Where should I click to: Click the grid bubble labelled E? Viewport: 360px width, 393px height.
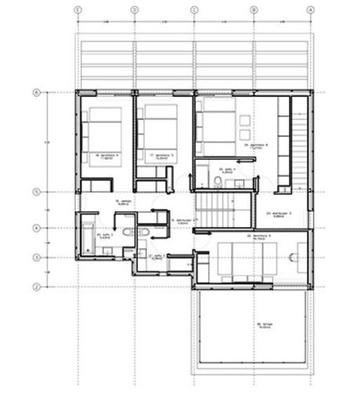coord(77,10)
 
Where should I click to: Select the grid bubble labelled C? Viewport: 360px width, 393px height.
coord(194,10)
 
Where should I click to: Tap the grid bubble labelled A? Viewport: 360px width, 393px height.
coord(311,10)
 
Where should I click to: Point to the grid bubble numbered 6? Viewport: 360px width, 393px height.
coord(36,92)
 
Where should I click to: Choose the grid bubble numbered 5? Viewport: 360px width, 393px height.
coord(36,191)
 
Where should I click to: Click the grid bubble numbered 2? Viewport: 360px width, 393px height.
coord(36,287)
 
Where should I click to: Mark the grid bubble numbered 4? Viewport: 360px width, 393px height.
coord(36,229)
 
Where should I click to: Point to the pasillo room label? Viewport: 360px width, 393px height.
coord(122,203)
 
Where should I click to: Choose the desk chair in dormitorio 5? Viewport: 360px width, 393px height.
coord(301,255)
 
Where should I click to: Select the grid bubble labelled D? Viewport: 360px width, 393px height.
coord(135,10)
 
